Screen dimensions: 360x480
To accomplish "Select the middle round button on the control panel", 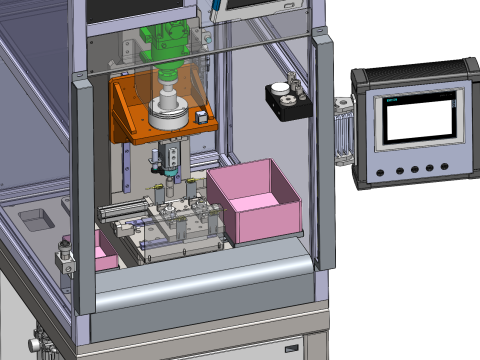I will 414,169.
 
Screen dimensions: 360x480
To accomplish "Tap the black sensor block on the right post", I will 286,101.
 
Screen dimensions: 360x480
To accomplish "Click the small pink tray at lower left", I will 105,252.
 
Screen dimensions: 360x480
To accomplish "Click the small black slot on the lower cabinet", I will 292,346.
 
